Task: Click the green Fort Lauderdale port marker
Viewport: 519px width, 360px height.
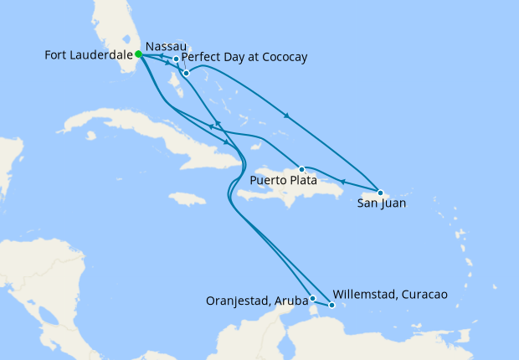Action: tap(138, 54)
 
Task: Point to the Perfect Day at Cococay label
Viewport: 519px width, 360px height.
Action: tap(244, 57)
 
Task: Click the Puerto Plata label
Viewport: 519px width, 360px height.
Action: tap(284, 179)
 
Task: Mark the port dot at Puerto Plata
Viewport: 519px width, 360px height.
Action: tap(301, 167)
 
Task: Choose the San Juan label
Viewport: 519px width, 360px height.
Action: tap(377, 203)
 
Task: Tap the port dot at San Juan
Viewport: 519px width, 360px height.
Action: tap(379, 193)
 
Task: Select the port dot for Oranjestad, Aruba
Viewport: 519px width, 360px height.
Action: tap(312, 298)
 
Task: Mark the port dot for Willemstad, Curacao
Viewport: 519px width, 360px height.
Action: tap(332, 306)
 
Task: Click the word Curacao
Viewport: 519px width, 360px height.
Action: tap(424, 295)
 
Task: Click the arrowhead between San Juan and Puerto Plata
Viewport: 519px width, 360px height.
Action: tap(342, 180)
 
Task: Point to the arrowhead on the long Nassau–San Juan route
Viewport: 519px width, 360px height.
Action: tap(287, 115)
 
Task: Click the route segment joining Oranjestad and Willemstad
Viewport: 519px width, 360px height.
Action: tap(322, 302)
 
